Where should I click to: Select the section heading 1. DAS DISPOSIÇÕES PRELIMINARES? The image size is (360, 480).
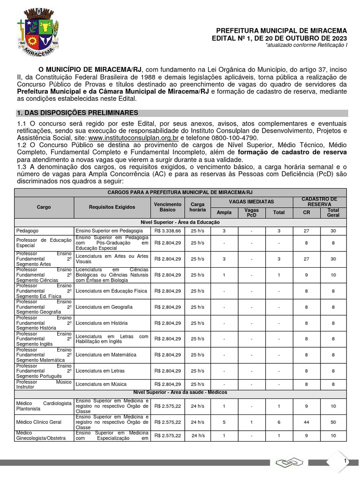(x=77, y=113)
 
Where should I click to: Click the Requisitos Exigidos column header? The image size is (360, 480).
(x=112, y=207)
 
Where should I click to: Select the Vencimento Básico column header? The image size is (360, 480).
(x=167, y=207)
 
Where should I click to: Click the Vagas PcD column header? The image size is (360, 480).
(x=252, y=212)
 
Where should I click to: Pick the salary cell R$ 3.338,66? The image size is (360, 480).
(x=167, y=231)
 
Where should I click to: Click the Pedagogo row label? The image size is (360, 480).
(x=28, y=231)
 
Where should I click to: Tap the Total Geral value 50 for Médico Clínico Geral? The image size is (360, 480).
(x=333, y=422)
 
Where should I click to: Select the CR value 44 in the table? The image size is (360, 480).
(x=306, y=422)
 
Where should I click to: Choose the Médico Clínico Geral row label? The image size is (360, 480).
(x=38, y=422)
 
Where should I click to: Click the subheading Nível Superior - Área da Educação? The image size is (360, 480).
(x=180, y=222)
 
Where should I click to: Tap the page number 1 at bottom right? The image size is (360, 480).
(x=345, y=462)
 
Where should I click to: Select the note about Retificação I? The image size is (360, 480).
(x=307, y=45)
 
